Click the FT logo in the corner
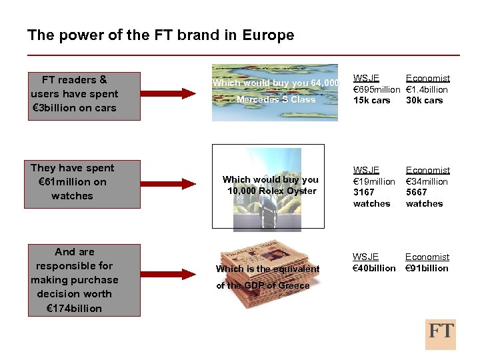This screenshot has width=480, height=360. (440, 334)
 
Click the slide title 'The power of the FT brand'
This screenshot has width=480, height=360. (160, 35)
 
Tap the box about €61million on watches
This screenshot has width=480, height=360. (73, 182)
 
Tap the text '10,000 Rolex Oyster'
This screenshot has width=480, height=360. (271, 191)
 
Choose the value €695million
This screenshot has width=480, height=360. (376, 89)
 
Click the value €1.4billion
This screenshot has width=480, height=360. (427, 89)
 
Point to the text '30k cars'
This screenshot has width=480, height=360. (424, 101)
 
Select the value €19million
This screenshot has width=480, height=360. (374, 181)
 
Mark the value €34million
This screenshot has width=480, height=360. (427, 181)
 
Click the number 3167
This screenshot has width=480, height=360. (365, 193)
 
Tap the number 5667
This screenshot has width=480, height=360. (417, 193)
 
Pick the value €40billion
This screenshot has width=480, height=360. (374, 268)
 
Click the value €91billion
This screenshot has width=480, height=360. (427, 268)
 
